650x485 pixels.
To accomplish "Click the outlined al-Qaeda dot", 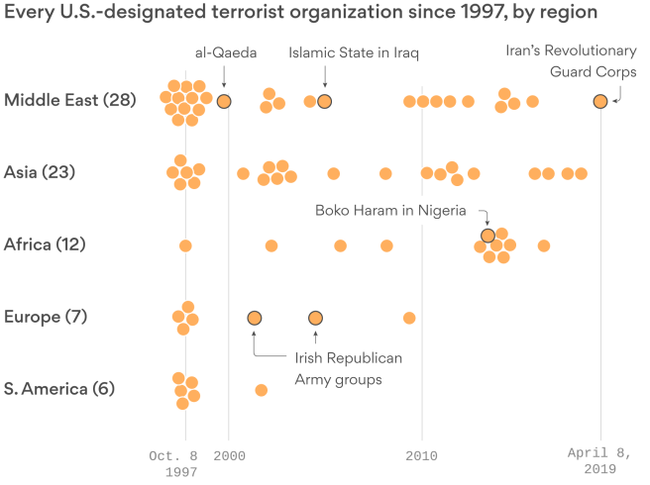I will (224, 101).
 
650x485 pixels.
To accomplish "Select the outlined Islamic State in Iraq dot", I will (324, 101).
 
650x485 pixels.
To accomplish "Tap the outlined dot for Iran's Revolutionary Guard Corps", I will (599, 101).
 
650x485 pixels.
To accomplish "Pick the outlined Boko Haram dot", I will (487, 235).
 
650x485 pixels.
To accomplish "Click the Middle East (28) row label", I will (69, 99).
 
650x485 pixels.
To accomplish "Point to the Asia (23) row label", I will (40, 172).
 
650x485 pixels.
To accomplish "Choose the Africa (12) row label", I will (46, 244).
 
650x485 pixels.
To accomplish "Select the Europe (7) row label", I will (46, 317).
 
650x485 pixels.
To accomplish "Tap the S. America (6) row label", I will (59, 389).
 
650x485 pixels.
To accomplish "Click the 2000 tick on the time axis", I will (229, 455).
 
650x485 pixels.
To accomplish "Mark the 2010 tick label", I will (422, 455).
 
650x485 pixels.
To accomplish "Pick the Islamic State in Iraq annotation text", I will (354, 52).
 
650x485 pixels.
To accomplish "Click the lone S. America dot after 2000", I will (261, 390).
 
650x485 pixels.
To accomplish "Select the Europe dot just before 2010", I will (409, 318).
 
